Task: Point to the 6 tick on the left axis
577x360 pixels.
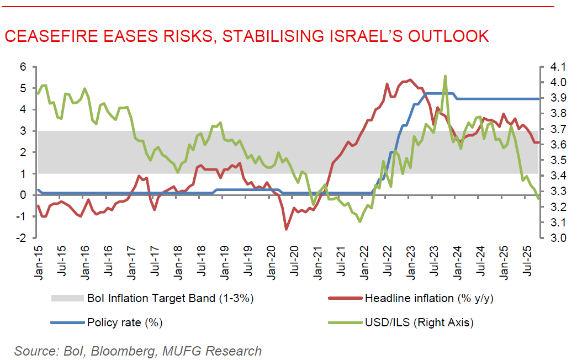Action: point(23,67)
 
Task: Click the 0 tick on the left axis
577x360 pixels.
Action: point(23,195)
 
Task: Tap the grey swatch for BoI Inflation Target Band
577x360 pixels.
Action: point(66,299)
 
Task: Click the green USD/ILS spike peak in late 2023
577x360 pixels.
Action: point(445,76)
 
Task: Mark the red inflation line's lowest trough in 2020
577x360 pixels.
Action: point(287,229)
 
